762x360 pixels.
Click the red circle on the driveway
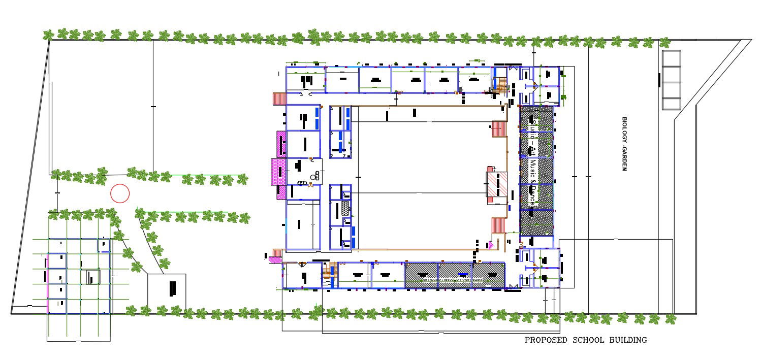tap(120, 193)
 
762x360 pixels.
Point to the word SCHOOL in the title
tap(588, 340)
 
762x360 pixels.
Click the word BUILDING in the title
tap(628, 340)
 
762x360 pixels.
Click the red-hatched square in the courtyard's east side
tap(496, 184)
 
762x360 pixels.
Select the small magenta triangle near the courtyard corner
tap(491, 245)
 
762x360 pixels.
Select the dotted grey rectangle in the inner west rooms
tap(346, 208)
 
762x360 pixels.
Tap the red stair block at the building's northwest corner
tap(279, 98)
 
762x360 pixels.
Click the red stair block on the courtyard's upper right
tap(499, 129)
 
